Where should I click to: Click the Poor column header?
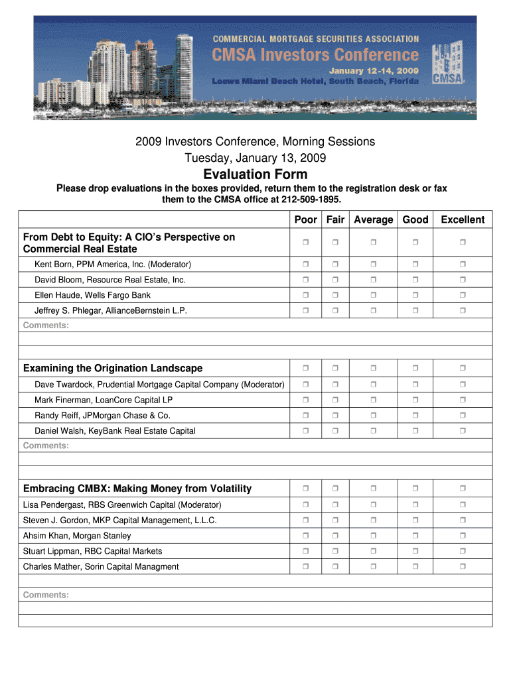306,219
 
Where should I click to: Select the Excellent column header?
463,219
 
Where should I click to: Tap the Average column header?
373,219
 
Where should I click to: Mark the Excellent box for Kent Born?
463,265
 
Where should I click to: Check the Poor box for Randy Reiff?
306,416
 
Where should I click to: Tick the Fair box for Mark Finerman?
335,401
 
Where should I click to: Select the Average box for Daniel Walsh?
373,431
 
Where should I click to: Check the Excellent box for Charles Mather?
463,566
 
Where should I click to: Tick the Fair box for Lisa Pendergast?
335,505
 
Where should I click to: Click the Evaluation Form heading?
256,174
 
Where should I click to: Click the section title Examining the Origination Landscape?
113,368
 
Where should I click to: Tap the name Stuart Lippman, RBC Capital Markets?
93,551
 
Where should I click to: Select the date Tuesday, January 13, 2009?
255,158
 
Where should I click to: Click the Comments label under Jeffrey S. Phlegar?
46,325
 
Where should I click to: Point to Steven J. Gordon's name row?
119,521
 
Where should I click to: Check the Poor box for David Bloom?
306,280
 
